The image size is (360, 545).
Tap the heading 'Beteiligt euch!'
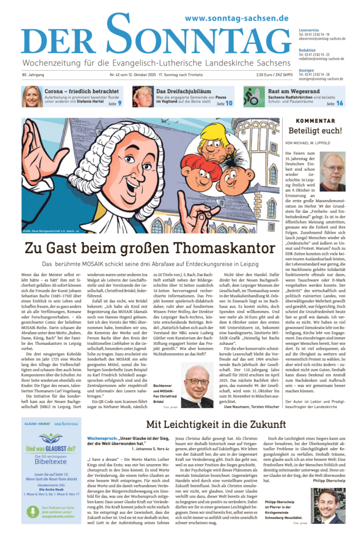point(315,131)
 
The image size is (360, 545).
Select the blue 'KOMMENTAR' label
point(315,120)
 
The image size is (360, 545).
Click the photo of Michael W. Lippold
point(332,171)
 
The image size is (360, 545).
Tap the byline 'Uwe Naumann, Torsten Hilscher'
point(247,407)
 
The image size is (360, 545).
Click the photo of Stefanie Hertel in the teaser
point(32,96)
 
